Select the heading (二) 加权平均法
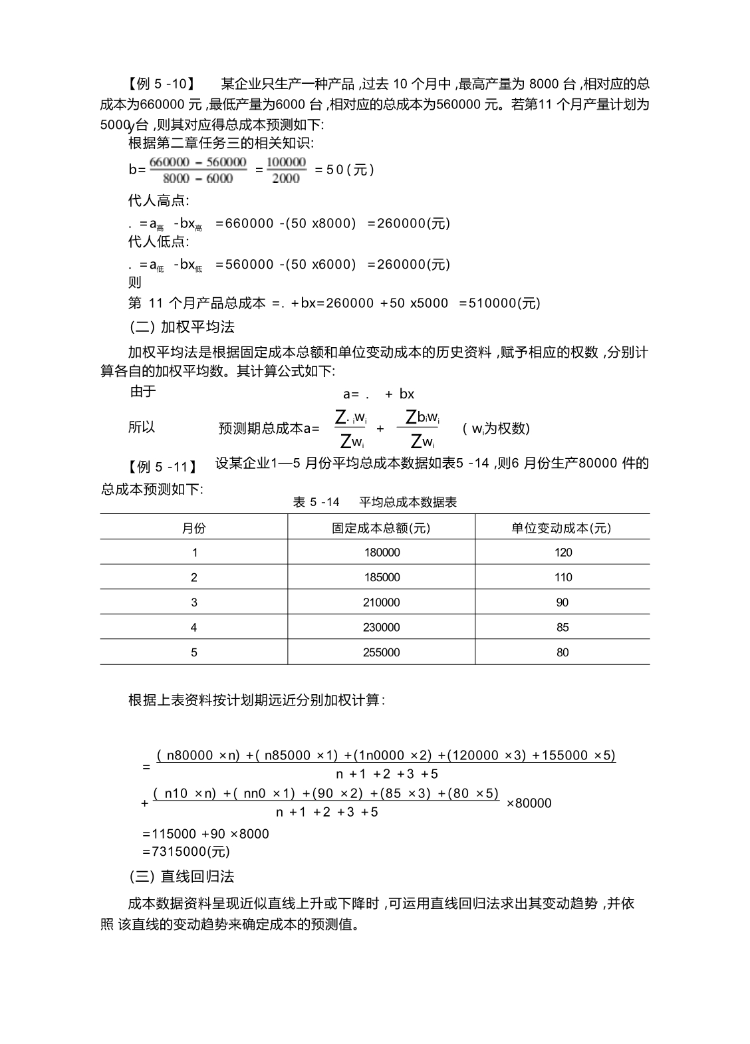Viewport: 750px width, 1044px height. coord(182,327)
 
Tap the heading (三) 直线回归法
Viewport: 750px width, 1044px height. coord(182,876)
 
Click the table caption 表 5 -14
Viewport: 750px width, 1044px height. coord(316,503)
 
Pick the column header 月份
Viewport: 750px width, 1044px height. coord(194,528)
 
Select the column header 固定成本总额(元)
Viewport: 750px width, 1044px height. coord(381,528)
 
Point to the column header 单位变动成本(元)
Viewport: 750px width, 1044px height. coord(562,528)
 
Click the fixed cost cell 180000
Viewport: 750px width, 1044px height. coord(382,553)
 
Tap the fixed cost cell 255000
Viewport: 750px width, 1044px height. coord(382,652)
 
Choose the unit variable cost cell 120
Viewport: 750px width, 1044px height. coord(562,553)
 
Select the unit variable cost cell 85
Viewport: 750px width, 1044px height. coord(562,628)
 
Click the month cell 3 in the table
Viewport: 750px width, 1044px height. coord(194,602)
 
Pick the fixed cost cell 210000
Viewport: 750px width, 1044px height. coord(382,602)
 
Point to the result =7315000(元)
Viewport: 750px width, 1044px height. coord(186,852)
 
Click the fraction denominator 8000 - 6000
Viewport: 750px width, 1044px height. coord(197,178)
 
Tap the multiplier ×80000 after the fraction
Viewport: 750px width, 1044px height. coord(529,803)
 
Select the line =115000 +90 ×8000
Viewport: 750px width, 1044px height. coord(205,834)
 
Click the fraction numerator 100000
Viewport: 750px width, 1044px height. coord(286,162)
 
